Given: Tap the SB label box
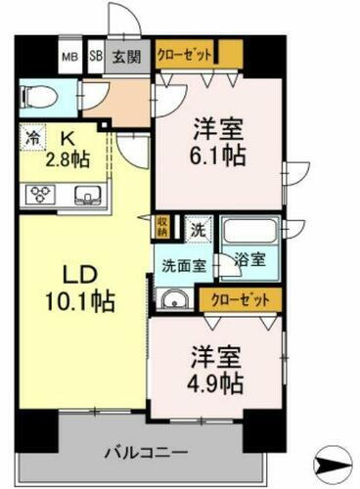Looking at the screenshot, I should pos(96,57).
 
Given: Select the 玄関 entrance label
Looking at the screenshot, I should pos(123,57).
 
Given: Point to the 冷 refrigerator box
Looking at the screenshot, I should pos(31,140).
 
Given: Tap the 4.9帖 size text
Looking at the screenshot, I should pos(212,379).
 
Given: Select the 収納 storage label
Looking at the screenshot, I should pos(163,227).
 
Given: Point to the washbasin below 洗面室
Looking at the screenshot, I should pos(172,297).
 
